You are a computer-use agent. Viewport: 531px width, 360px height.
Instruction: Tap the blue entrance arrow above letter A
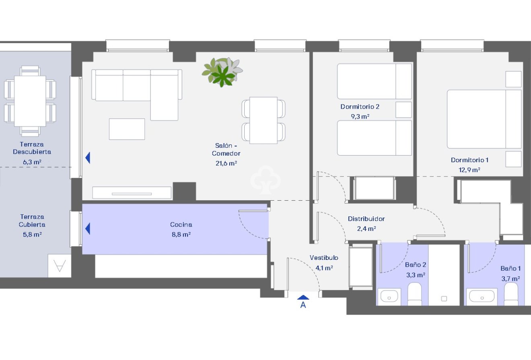tap(303, 297)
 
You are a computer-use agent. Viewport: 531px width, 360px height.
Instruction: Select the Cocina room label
tap(181, 225)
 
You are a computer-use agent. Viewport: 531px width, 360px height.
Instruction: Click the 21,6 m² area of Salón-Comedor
tap(226, 163)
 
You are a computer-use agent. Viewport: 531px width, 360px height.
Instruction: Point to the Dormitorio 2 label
tap(360, 107)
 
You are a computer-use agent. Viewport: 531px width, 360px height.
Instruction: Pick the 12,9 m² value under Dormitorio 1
tap(469, 170)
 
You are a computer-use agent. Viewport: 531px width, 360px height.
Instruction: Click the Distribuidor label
tap(366, 219)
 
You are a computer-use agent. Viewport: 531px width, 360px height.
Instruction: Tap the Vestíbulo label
tap(324, 258)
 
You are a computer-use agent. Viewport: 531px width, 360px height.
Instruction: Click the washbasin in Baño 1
tap(482, 296)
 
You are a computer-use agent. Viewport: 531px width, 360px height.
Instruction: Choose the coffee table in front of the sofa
tap(127, 129)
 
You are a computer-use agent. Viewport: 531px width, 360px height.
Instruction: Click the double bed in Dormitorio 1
tap(484, 119)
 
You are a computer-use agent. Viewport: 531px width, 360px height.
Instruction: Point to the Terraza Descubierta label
tap(32, 148)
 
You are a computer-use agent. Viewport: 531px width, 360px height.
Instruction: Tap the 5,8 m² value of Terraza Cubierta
tap(33, 234)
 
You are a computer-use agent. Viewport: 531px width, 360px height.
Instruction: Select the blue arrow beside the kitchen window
tap(88, 229)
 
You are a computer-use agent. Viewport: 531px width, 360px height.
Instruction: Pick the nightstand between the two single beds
tap(403, 110)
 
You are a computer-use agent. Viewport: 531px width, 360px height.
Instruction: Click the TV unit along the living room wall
tap(132, 193)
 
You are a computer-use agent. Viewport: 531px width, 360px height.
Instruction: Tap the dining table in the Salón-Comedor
tap(263, 120)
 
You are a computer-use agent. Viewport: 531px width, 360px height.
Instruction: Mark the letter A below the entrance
tap(303, 305)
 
